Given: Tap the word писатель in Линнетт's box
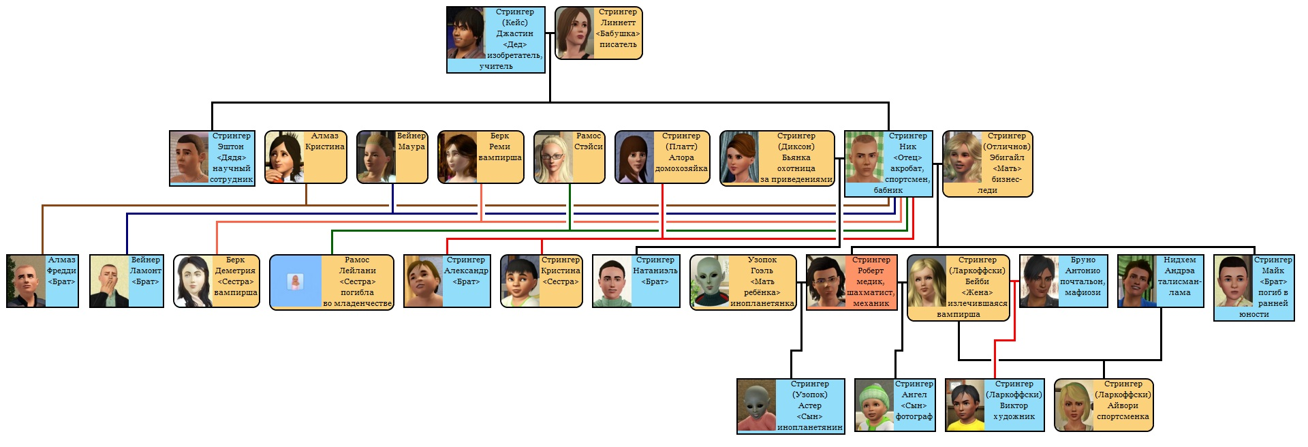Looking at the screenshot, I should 618,45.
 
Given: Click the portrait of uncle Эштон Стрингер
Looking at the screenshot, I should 189,157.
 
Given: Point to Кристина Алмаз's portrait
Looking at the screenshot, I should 284,157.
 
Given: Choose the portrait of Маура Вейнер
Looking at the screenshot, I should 376,157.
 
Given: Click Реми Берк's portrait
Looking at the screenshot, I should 458,157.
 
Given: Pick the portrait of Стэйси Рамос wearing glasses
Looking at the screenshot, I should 553,157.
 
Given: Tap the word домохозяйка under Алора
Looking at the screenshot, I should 681,169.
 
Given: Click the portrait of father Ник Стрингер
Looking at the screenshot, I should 865,157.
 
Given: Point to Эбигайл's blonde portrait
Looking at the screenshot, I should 962,157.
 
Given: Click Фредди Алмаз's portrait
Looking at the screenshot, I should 26,281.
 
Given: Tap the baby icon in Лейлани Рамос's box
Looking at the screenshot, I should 295,281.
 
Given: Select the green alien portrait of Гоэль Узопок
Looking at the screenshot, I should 709,281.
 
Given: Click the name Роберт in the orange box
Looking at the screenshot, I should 871,271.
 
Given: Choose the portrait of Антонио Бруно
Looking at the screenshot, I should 1039,281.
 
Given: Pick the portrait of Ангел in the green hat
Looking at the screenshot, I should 874,405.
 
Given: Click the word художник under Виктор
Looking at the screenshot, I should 1014,416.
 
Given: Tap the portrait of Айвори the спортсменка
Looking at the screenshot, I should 1074,405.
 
